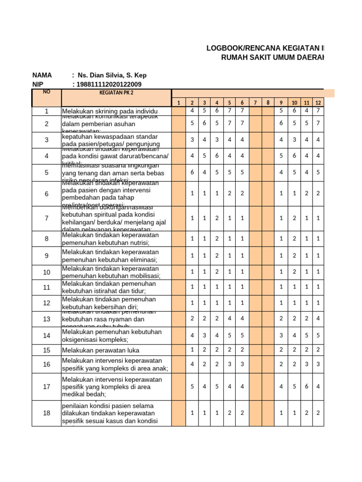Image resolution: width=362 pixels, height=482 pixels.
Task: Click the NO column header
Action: click(46, 92)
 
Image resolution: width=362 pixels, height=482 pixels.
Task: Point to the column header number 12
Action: click(319, 103)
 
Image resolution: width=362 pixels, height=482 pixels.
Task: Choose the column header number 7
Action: click(255, 103)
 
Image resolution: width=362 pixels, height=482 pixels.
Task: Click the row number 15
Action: click(46, 350)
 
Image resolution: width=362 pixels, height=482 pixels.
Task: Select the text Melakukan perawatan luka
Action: click(100, 350)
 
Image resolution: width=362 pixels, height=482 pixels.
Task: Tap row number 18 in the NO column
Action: click(46, 413)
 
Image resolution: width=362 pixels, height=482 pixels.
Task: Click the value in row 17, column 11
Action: click(306, 386)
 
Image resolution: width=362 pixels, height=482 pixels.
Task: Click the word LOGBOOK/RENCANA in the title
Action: click(242, 48)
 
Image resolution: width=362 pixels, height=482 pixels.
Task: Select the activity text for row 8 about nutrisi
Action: click(111, 239)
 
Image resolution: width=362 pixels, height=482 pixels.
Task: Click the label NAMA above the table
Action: click(42, 75)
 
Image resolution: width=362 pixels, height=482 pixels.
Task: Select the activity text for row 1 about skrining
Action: click(110, 111)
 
